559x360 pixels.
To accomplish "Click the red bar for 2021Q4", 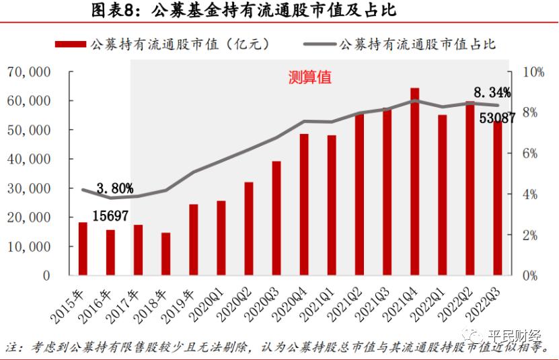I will tap(414, 182).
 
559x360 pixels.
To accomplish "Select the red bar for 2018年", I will tap(165, 254).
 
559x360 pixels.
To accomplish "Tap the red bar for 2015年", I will tap(83, 248).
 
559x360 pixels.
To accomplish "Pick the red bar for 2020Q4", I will tap(304, 205).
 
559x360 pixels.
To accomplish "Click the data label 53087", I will tap(497, 118).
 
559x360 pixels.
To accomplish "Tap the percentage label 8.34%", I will tap(492, 92).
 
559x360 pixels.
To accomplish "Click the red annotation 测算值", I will tap(309, 77).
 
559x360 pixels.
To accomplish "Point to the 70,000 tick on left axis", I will tap(28, 71).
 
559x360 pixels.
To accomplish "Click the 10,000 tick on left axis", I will tap(28, 246).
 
